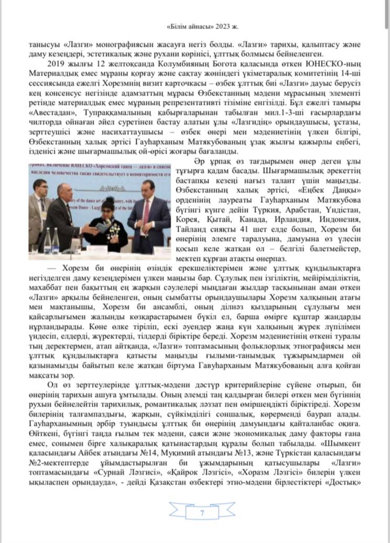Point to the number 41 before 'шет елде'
[x=248, y=229]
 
